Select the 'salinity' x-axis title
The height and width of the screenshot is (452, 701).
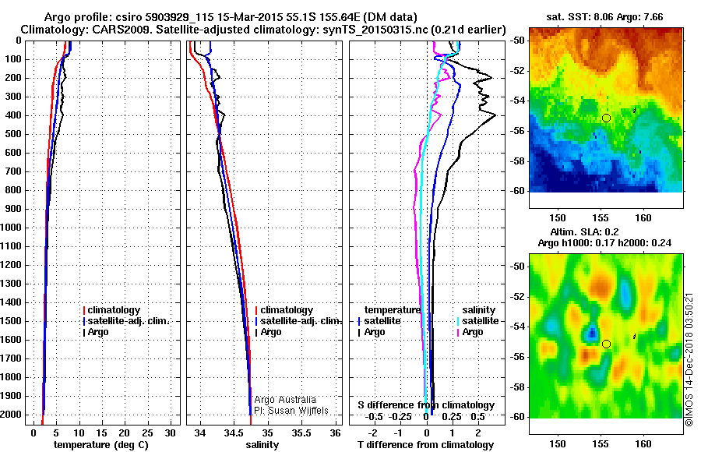click(x=262, y=445)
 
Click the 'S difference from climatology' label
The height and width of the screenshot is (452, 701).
click(x=425, y=405)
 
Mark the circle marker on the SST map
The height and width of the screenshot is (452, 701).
click(x=606, y=118)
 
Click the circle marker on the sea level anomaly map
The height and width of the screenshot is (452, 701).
click(x=606, y=344)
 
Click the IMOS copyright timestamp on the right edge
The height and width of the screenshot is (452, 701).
click(x=689, y=358)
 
